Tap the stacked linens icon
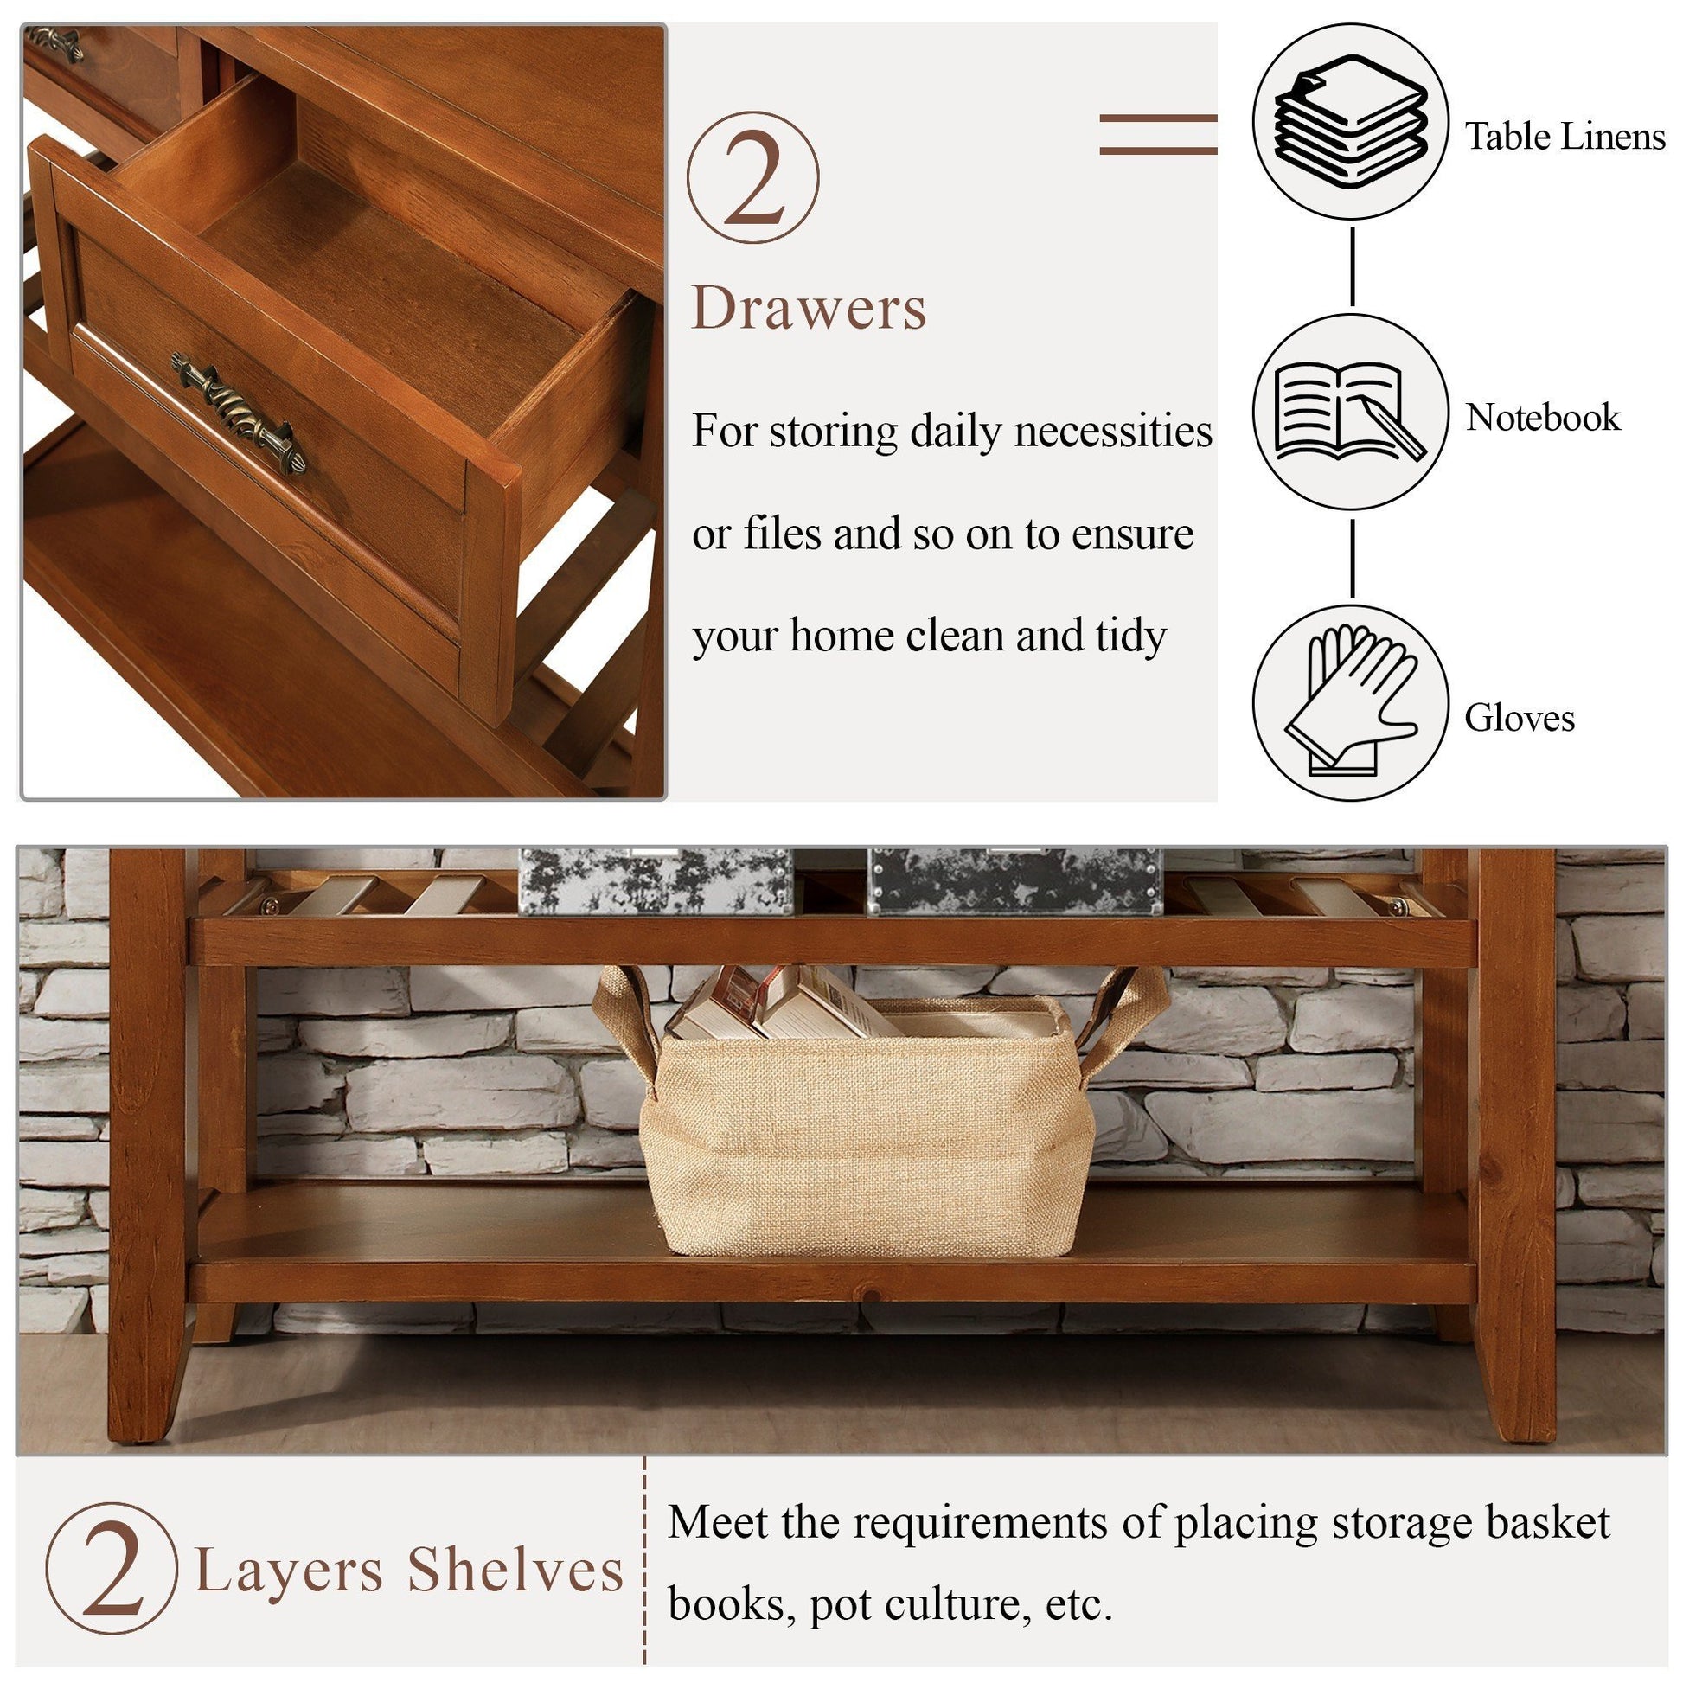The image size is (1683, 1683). coord(1350,122)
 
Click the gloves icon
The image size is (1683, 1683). coord(1350,701)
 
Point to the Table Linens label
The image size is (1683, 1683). coord(1564,137)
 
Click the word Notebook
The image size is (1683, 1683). coord(1542,417)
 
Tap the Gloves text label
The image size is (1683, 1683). coord(1520,718)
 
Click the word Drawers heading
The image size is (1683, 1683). coord(809,309)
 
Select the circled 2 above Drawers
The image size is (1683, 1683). coord(752,177)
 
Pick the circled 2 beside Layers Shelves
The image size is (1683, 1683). coord(111,1568)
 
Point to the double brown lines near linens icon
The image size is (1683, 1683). coord(1158,134)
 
